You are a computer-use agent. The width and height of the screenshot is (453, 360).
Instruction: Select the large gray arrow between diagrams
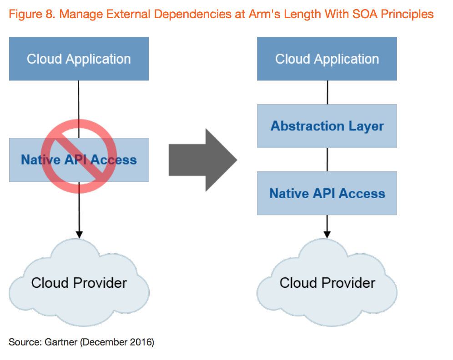[x=203, y=160]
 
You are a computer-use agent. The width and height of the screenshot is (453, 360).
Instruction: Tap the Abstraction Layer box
[x=327, y=126]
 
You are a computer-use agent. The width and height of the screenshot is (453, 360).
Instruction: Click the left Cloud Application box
[x=79, y=59]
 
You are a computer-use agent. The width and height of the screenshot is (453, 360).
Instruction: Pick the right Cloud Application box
[x=327, y=59]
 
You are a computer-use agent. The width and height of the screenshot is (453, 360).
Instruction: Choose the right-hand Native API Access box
[x=327, y=193]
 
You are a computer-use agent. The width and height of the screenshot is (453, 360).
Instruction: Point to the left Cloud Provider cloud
[x=79, y=283]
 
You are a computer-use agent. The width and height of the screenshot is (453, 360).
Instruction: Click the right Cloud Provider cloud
[x=327, y=283]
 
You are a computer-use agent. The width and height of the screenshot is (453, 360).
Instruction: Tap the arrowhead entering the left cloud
[x=79, y=235]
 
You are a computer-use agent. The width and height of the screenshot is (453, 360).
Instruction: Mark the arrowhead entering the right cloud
[x=327, y=235]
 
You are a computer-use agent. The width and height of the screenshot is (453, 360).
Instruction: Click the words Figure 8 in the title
[x=32, y=14]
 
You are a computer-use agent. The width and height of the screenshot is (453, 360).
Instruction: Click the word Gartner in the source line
[x=61, y=342]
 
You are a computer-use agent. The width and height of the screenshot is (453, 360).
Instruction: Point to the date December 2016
[x=117, y=342]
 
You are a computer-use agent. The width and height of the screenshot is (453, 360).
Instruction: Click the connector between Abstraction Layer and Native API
[x=327, y=160]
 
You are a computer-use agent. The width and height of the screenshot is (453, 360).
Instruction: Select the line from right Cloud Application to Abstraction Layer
[x=327, y=92]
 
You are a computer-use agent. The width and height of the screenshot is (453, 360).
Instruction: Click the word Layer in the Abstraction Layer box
[x=366, y=126]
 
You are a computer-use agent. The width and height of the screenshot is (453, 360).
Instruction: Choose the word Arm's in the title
[x=264, y=14]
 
